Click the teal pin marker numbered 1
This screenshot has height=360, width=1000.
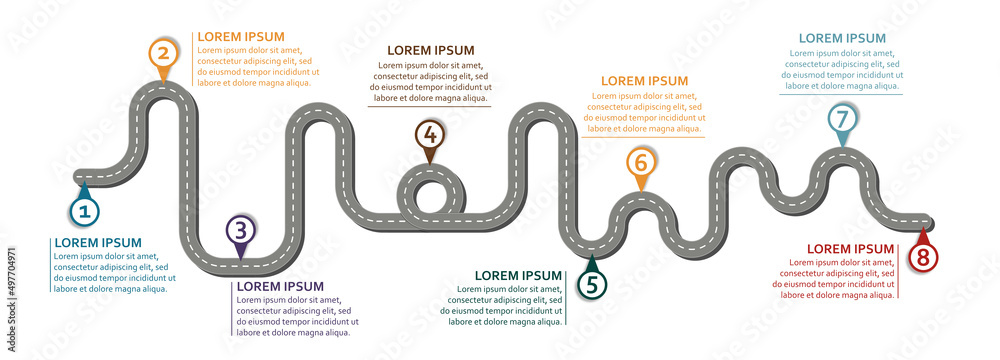point(84,210)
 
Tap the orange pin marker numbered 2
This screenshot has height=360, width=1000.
point(164,53)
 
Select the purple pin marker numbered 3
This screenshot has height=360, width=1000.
point(239,231)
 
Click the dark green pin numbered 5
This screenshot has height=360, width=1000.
point(592,284)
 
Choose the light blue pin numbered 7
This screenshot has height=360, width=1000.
point(842,119)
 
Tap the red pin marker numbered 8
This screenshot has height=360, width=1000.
point(922,257)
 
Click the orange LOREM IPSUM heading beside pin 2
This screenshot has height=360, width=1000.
point(241,37)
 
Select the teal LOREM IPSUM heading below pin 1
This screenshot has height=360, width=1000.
point(98,243)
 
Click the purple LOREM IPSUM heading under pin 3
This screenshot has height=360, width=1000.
point(280,287)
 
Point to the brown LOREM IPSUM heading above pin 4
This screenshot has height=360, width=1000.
point(430,50)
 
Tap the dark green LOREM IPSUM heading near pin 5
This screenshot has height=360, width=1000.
point(518,276)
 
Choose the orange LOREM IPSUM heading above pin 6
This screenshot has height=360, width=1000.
point(644,81)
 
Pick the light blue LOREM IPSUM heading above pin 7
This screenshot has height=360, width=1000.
point(842,38)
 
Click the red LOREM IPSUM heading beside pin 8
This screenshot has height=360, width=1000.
point(850,249)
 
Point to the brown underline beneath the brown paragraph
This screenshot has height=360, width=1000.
point(430,106)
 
